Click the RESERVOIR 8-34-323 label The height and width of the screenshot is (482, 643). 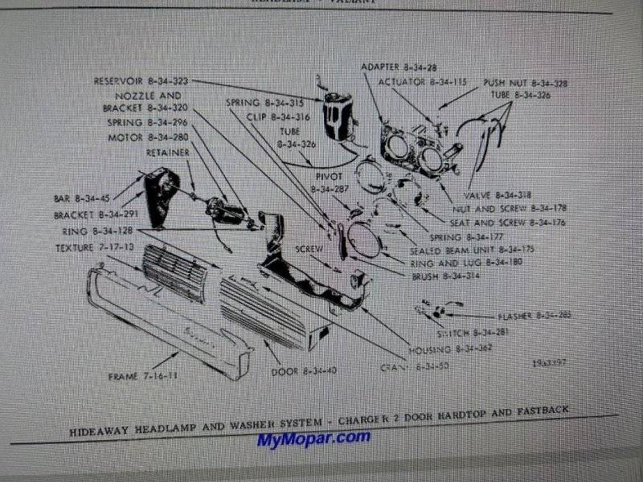141,81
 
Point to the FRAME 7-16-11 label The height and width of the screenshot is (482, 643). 144,375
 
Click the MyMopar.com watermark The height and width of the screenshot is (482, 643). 314,439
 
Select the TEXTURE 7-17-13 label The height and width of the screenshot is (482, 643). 94,246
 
